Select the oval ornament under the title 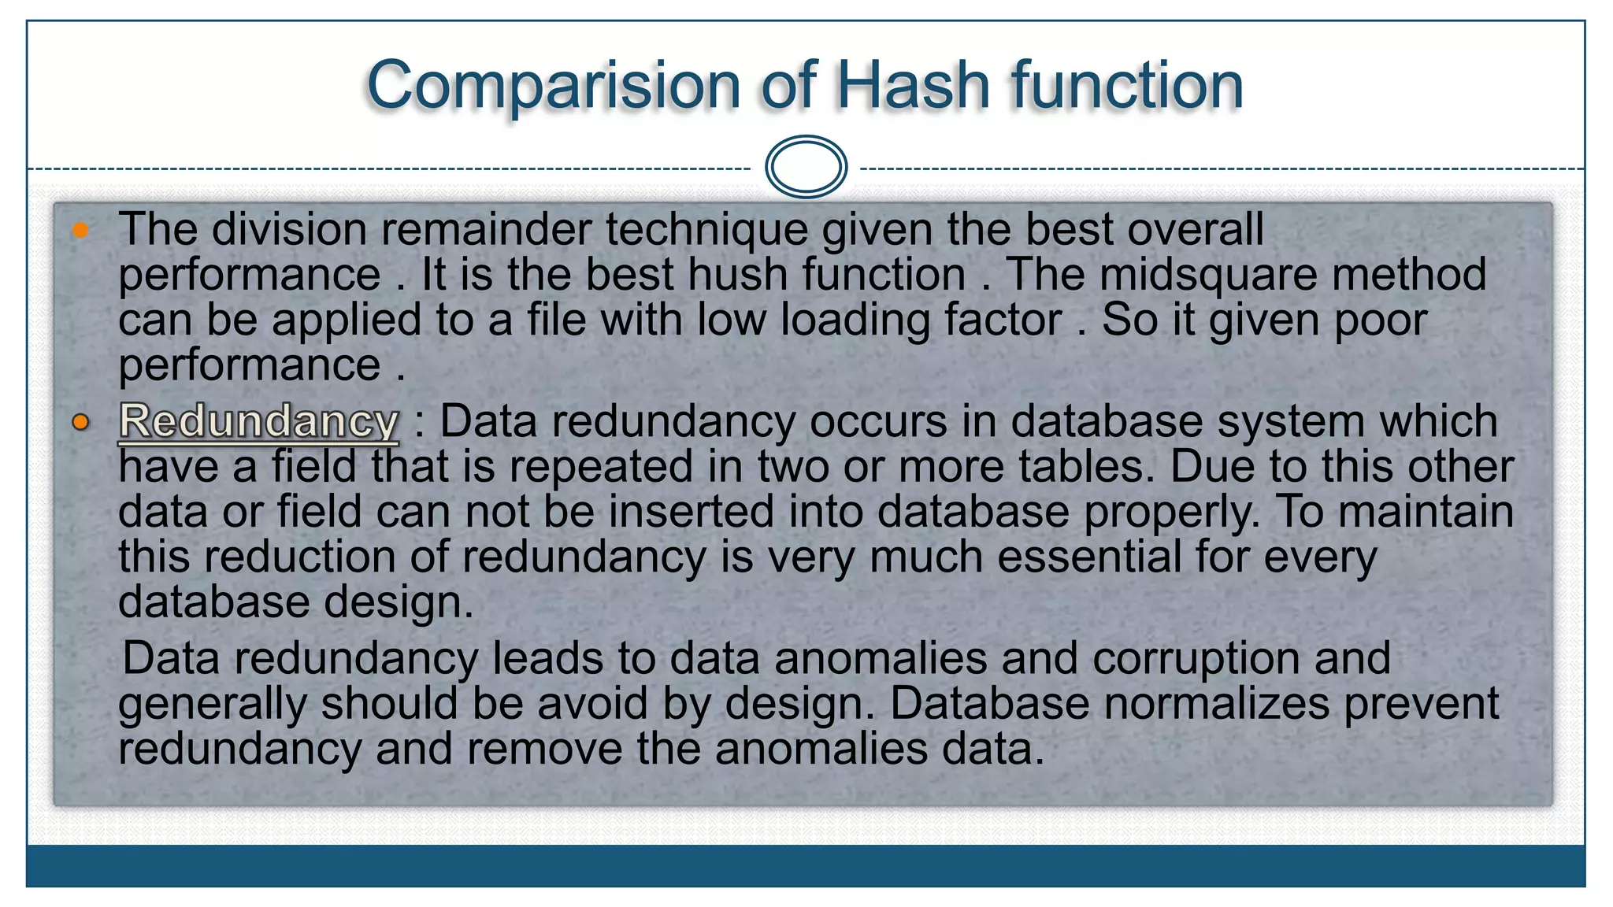coord(806,167)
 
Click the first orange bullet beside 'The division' coord(80,231)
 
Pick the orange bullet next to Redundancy coord(80,423)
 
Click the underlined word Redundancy coord(258,421)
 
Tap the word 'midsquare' coord(1208,275)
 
